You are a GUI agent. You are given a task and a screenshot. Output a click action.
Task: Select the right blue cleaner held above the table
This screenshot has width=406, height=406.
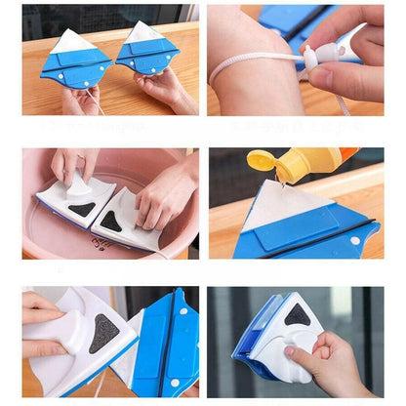coord(148,53)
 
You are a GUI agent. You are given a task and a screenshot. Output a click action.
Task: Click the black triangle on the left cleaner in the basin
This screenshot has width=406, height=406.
coord(82,207)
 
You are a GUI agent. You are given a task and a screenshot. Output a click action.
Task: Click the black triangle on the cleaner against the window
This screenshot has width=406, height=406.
coord(298,314)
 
